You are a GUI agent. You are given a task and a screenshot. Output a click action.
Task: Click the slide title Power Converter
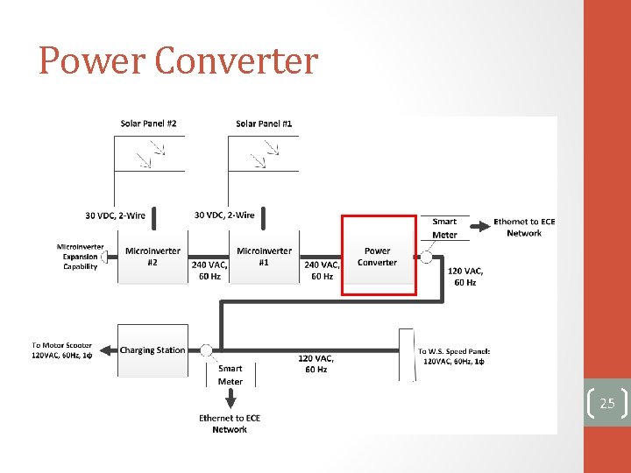coord(178,61)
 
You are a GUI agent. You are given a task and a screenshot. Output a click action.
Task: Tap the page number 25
coord(607,403)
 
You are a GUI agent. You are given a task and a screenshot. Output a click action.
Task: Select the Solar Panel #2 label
coord(148,124)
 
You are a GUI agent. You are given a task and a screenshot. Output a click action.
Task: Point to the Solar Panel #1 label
coord(264,124)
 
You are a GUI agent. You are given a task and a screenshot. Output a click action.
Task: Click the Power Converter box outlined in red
coord(379,256)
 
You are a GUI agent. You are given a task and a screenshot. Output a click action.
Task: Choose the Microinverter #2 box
coord(152,257)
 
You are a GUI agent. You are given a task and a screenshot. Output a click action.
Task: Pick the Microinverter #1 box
coord(264,257)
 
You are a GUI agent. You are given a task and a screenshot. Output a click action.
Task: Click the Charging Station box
coord(152,350)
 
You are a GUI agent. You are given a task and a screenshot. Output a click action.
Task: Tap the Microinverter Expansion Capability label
coord(80,257)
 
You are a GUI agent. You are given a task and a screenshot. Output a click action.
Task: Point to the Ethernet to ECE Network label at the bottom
coord(230,424)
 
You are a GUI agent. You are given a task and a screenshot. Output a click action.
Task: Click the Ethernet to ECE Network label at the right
coord(524,228)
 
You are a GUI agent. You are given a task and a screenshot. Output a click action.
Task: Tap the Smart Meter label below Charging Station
coord(230,375)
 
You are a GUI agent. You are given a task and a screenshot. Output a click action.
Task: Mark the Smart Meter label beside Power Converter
coord(444,228)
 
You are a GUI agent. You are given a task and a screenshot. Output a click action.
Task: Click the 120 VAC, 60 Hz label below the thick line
coord(315,364)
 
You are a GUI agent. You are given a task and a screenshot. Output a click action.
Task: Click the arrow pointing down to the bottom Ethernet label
coord(230,399)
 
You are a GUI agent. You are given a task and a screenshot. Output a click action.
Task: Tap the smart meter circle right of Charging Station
coord(207,350)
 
